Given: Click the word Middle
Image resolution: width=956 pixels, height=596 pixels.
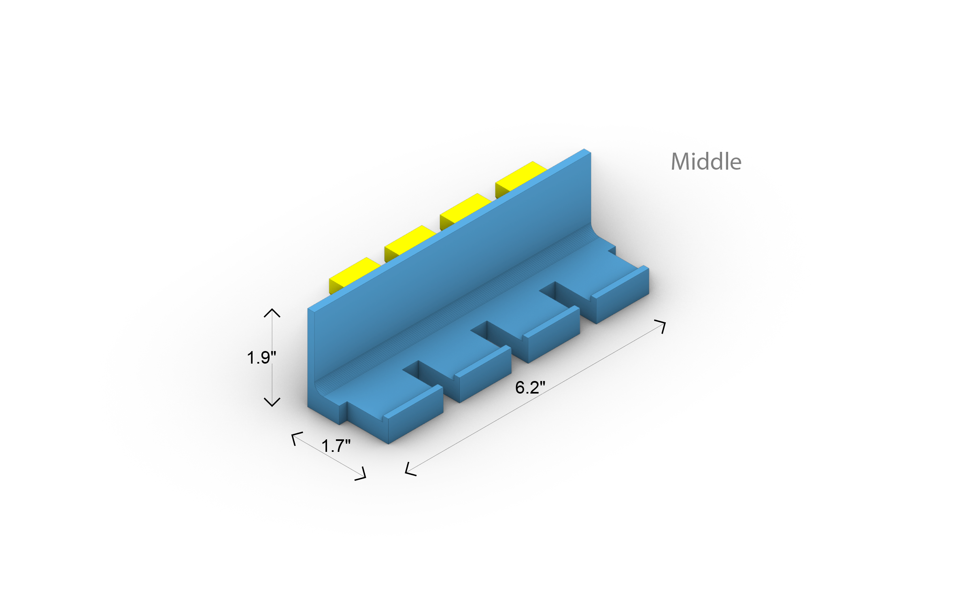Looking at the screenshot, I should [x=706, y=162].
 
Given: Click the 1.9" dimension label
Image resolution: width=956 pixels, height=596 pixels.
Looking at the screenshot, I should [x=261, y=358].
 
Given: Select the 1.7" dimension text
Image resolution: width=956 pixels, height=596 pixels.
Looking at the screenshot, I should [x=336, y=446].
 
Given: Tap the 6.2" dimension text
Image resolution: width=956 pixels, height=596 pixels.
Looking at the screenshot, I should [x=530, y=387].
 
